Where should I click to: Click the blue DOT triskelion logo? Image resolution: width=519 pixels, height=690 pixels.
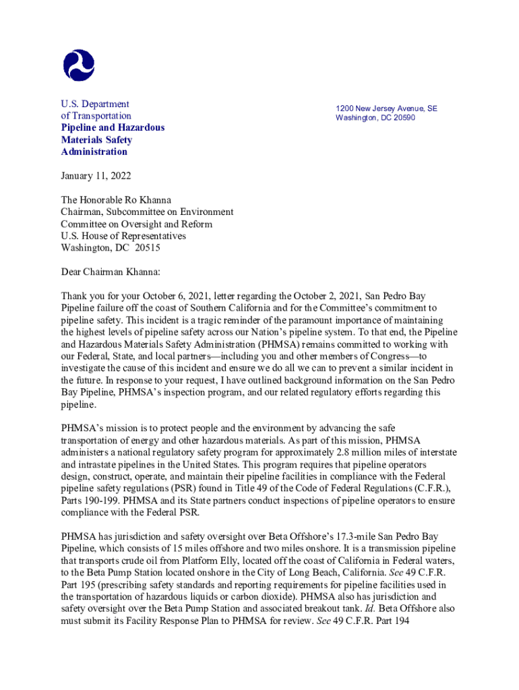point(79,65)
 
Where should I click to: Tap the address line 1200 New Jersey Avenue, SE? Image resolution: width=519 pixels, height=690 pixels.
point(387,108)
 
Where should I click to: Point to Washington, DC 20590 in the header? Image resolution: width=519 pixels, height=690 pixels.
point(375,118)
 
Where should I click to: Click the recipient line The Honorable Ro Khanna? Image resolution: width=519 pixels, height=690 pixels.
point(116,200)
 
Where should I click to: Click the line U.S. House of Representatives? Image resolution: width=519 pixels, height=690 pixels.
point(123,236)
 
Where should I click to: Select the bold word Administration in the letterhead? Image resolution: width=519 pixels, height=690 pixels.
point(94,152)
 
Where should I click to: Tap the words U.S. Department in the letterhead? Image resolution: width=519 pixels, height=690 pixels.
point(95,104)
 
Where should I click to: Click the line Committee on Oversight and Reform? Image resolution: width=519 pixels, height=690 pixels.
point(137,224)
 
